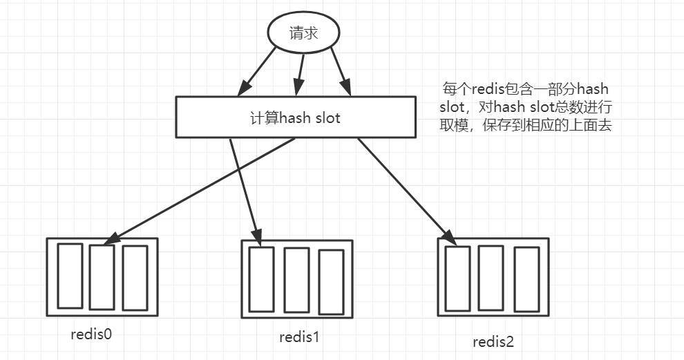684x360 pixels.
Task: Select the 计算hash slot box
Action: click(296, 117)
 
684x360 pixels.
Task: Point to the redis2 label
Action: click(493, 341)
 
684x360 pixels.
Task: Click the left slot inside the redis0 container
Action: click(69, 276)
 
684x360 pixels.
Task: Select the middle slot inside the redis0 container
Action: click(102, 277)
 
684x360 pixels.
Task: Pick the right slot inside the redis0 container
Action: click(135, 277)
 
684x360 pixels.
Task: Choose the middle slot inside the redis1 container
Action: click(296, 280)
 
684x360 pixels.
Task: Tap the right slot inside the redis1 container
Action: click(331, 281)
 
